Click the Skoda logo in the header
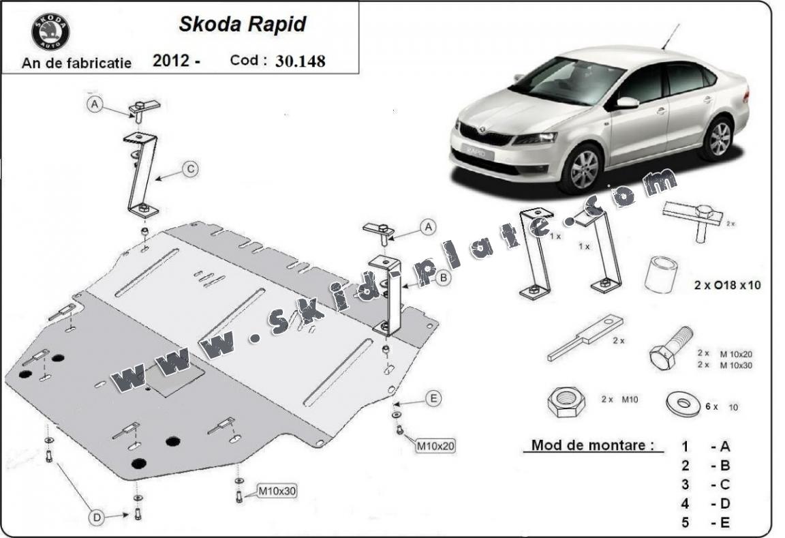[50, 32]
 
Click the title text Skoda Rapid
[242, 25]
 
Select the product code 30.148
[300, 61]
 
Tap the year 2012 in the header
[171, 61]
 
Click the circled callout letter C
[191, 168]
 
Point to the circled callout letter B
[442, 278]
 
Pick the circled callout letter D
[97, 519]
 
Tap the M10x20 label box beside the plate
[435, 447]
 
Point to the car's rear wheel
[717, 138]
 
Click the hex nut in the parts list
[566, 402]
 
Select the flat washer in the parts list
[683, 404]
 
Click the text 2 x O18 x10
[726, 286]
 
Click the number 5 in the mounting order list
[685, 523]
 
